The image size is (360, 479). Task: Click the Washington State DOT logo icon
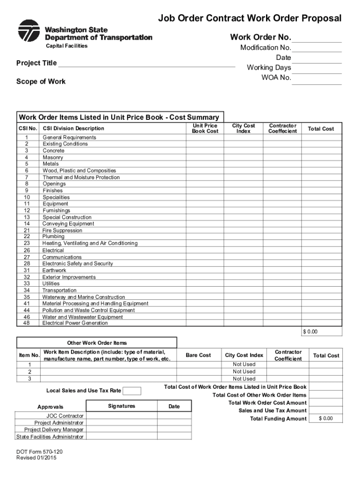pos(29,31)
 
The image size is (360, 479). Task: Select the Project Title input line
pos(146,64)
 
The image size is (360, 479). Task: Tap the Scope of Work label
pos(41,81)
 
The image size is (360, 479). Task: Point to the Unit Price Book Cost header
pos(205,129)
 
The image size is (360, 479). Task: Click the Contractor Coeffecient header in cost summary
pos(282,129)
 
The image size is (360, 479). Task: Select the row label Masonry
pos(53,158)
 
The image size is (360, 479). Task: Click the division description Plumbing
pos(53,237)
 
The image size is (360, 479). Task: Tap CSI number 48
pos(26,323)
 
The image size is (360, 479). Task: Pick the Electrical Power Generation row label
pos(75,323)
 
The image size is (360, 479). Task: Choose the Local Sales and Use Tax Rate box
pos(132,391)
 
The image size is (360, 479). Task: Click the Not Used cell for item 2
pos(244,371)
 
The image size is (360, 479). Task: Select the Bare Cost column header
pos(198,356)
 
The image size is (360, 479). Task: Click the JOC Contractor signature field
pos(121,416)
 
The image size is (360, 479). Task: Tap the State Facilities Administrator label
pos(50,437)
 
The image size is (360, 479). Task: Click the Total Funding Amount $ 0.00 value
pos(325,419)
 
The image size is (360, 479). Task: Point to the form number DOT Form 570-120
pos(39,451)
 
